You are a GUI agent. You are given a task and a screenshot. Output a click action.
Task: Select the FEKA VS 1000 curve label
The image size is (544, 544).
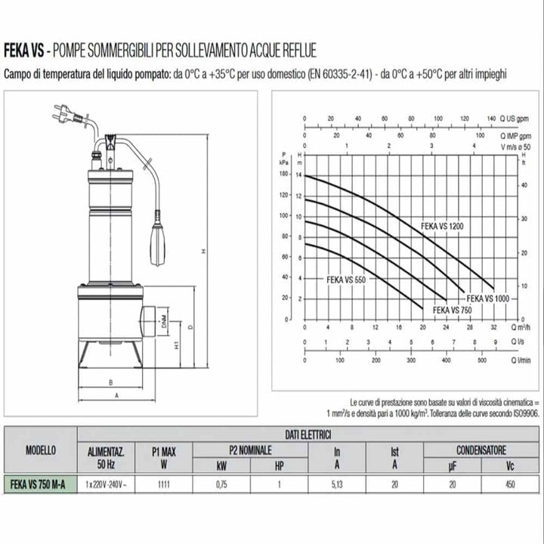click(x=487, y=298)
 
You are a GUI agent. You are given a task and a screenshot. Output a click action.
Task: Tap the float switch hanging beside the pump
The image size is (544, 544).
click(x=159, y=240)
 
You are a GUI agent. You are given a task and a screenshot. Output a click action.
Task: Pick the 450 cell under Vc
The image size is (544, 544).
click(x=510, y=484)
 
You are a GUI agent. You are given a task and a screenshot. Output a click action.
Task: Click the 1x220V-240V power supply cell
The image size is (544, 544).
click(x=106, y=484)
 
